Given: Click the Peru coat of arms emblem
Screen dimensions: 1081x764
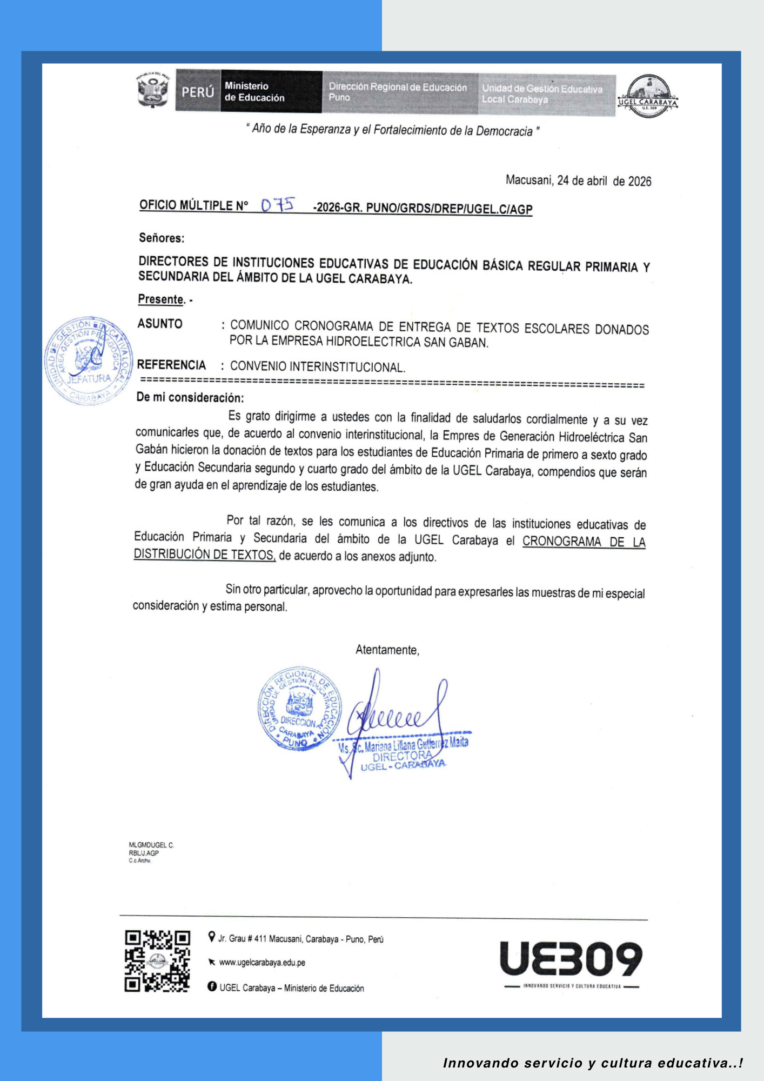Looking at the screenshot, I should point(153,90).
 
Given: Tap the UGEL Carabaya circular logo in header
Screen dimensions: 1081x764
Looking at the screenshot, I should point(648,97).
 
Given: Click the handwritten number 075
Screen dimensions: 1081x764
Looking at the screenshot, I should point(278,205).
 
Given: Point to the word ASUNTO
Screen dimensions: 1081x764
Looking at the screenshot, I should point(160,324).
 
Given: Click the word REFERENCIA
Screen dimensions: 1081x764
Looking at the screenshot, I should point(171,365).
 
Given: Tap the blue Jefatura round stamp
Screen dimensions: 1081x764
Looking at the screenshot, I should point(88,361).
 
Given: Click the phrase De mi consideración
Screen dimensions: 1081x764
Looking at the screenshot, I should point(190,398).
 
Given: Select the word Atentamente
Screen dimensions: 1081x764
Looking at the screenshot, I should point(387,650).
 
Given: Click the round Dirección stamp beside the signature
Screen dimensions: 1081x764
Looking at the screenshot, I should point(299,709).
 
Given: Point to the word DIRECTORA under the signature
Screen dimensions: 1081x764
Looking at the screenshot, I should point(402,756).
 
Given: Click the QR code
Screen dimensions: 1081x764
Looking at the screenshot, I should point(157,961).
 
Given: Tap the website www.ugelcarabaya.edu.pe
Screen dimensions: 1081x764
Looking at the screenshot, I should point(262,963).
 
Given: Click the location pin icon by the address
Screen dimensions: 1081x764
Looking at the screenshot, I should point(212,937).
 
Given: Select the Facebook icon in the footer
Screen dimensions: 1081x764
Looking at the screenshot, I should point(212,987).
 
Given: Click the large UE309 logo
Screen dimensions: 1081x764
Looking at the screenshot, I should point(571,959).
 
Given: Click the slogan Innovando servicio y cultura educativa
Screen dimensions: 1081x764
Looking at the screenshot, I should point(593,1063).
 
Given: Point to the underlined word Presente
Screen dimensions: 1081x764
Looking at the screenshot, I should point(160,299).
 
